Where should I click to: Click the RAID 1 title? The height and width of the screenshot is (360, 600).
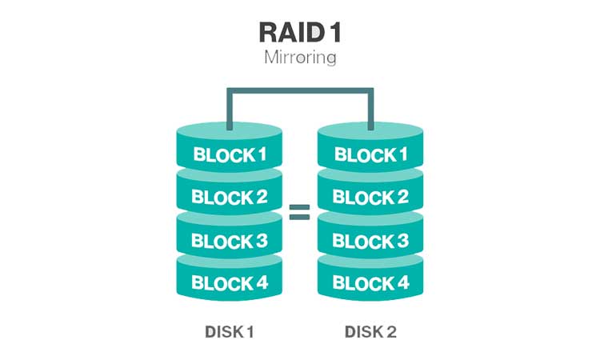298,31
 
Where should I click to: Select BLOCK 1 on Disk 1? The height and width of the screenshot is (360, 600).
230,154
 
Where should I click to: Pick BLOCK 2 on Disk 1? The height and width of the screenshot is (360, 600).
230,197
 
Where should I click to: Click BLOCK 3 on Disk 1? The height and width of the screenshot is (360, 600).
230,240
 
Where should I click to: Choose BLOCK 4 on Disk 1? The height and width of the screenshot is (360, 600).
230,282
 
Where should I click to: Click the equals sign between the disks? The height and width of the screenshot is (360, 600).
299,212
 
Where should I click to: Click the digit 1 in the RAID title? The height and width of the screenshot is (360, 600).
336,31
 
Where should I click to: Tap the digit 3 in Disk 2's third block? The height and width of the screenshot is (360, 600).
403,240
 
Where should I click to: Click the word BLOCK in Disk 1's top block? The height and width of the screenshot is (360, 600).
219,154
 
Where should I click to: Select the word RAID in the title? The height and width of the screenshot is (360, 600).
286,31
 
